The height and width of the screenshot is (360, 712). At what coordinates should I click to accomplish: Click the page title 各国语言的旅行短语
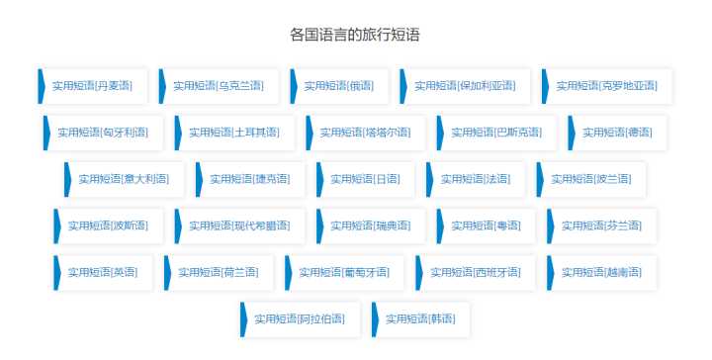click(x=355, y=35)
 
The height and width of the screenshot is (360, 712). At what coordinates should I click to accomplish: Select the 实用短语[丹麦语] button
click(x=92, y=85)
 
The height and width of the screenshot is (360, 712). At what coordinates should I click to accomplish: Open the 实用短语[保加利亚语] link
click(x=464, y=85)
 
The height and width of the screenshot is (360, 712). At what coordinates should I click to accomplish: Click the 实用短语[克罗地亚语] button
click(x=606, y=85)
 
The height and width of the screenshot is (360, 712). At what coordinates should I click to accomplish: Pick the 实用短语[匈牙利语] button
click(x=102, y=132)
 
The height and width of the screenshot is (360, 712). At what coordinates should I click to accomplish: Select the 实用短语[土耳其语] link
click(x=233, y=132)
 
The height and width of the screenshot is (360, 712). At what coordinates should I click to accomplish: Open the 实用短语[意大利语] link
click(x=119, y=179)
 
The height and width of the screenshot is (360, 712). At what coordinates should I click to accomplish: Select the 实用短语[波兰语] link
click(x=589, y=179)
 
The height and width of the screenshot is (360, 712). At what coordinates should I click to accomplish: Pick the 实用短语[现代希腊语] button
click(x=238, y=225)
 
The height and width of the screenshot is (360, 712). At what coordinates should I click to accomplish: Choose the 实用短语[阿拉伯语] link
click(x=300, y=318)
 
